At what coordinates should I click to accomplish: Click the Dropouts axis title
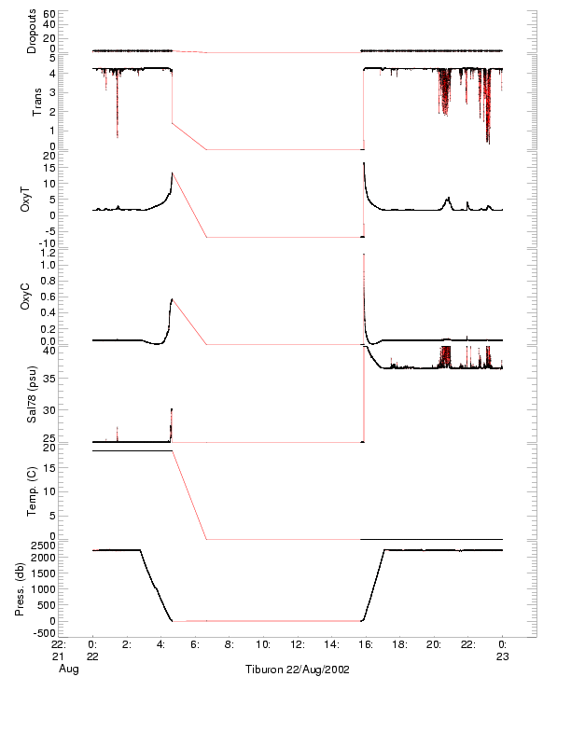click(33, 31)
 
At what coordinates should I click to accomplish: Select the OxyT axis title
click(27, 200)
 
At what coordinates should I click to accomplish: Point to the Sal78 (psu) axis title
click(33, 396)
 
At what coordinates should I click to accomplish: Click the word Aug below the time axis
click(65, 670)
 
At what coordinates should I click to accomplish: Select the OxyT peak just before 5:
click(172, 173)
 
